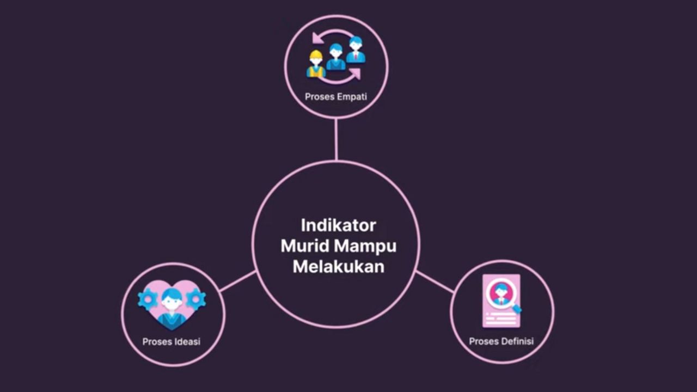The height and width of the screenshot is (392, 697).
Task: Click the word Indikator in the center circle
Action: (x=338, y=225)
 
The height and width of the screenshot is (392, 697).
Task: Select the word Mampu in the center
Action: (x=365, y=247)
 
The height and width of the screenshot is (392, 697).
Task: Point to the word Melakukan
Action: (x=338, y=267)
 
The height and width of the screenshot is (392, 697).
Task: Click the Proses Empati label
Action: (x=336, y=97)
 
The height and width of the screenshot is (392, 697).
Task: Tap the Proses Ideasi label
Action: (x=172, y=342)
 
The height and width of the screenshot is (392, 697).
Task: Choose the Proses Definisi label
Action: (x=502, y=341)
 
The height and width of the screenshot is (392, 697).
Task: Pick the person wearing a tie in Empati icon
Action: (x=356, y=50)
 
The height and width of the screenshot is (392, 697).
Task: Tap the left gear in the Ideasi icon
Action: (x=148, y=299)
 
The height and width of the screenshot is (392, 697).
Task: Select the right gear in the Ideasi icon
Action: (x=196, y=299)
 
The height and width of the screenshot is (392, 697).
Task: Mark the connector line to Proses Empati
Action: (x=336, y=139)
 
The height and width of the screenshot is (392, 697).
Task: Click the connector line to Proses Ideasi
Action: (x=237, y=281)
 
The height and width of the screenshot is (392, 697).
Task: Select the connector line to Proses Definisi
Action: (x=435, y=281)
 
